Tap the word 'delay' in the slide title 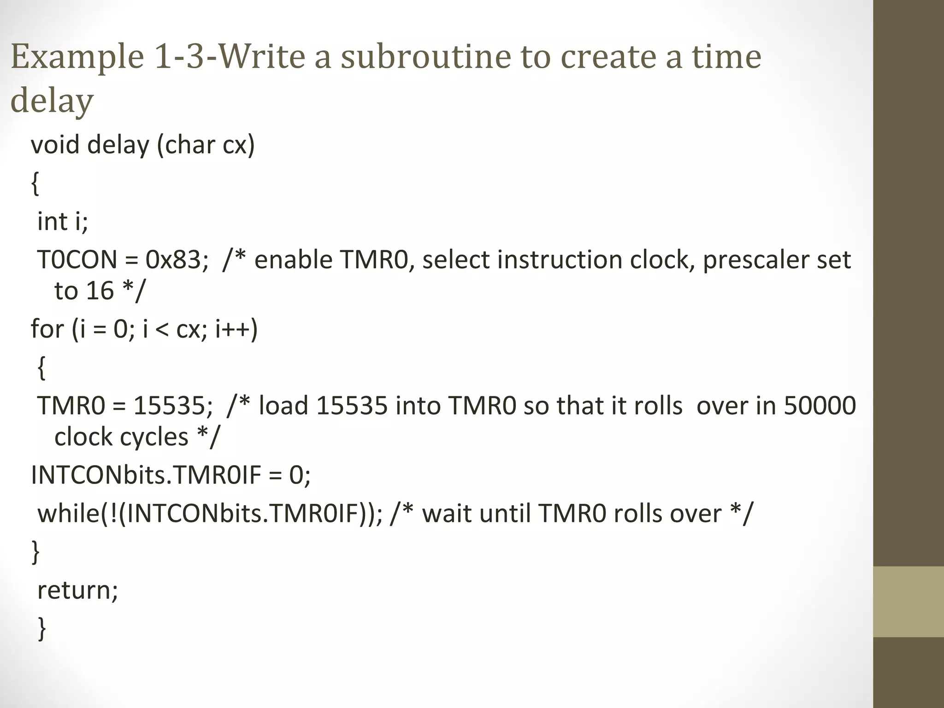[x=52, y=100]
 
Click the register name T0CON [x=77, y=260]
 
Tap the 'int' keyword [x=52, y=221]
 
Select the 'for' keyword [x=47, y=329]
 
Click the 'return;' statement [x=77, y=590]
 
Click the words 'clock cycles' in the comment [x=121, y=437]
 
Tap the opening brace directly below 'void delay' [x=35, y=184]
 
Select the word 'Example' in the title [x=77, y=57]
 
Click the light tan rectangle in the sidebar [x=909, y=602]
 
